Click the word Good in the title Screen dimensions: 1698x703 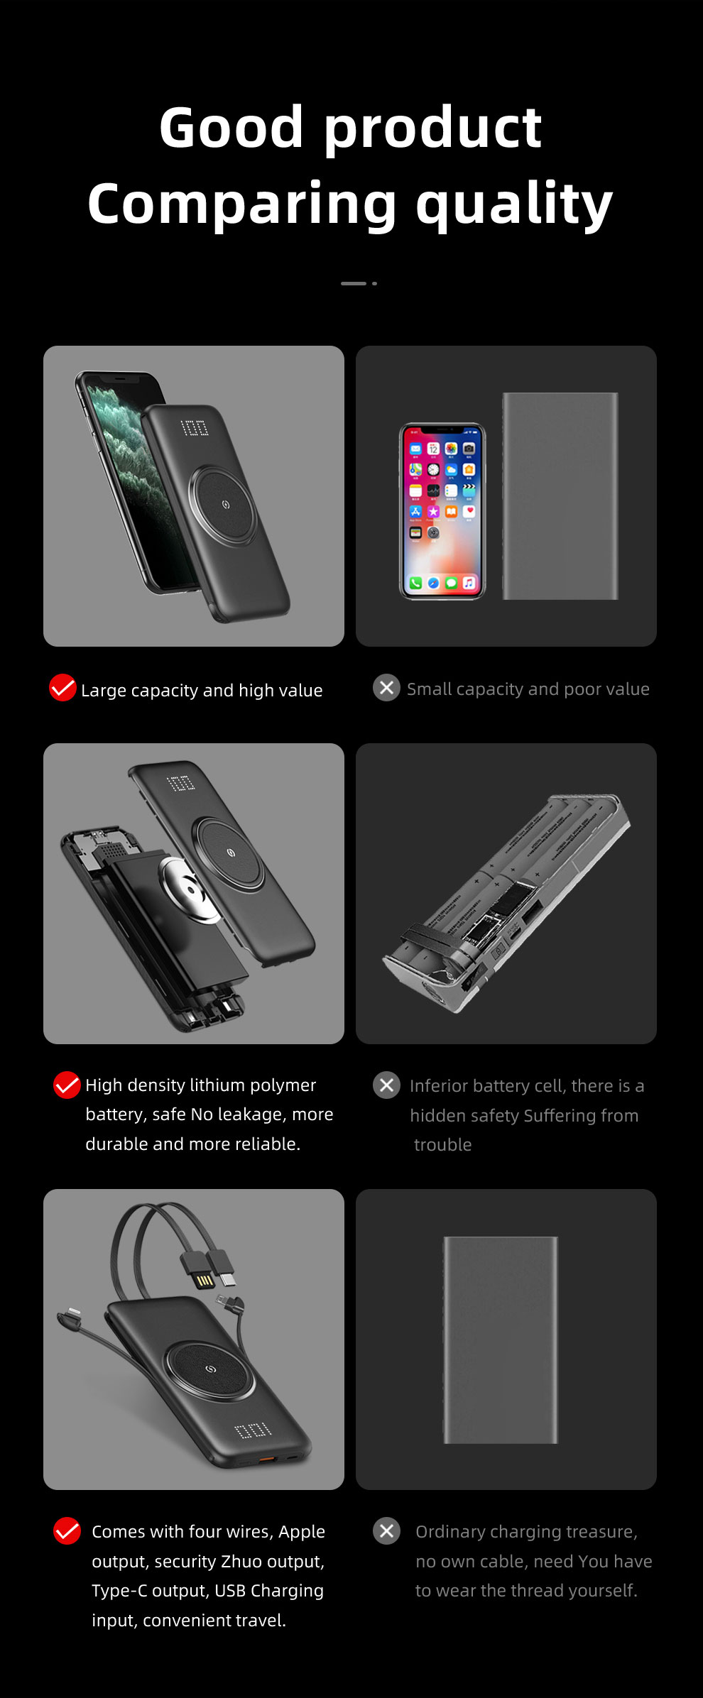pos(231,128)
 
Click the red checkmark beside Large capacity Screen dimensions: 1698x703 pos(62,687)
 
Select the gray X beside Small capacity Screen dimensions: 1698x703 pos(386,687)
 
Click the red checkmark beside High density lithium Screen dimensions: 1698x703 pos(67,1085)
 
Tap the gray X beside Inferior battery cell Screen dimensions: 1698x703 pos(386,1085)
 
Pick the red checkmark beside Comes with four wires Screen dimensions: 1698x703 pos(67,1530)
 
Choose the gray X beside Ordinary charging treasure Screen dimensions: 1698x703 pos(386,1530)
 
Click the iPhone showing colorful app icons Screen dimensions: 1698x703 pos(442,511)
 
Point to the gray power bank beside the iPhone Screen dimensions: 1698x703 pos(560,495)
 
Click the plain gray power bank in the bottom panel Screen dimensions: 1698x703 pos(501,1340)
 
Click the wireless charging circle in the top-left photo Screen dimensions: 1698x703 pos(225,504)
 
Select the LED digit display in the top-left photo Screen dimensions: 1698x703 pos(195,427)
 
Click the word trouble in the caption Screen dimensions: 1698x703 pos(443,1145)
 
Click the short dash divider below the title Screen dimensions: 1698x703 pos(354,283)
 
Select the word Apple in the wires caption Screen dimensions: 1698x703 pos(301,1531)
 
